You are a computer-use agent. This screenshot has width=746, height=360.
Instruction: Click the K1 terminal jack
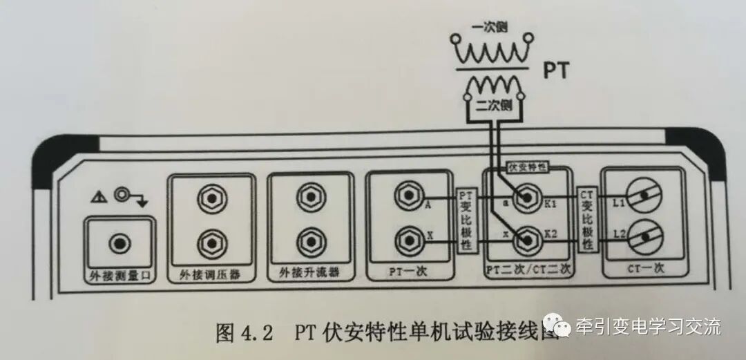(x=528, y=199)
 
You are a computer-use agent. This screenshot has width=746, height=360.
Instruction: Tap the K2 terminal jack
(x=528, y=239)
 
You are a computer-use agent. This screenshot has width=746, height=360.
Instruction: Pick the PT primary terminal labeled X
(x=408, y=240)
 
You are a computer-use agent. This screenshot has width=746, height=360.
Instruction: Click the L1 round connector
(x=642, y=198)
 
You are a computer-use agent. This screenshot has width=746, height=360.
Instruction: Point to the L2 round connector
(x=642, y=239)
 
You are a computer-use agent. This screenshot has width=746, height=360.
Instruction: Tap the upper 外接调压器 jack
(x=209, y=201)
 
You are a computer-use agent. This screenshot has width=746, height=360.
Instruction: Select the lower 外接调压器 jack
(x=209, y=241)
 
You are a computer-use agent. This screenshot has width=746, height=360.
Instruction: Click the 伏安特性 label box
(x=526, y=167)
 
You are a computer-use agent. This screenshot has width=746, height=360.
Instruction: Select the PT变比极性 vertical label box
(x=465, y=219)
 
